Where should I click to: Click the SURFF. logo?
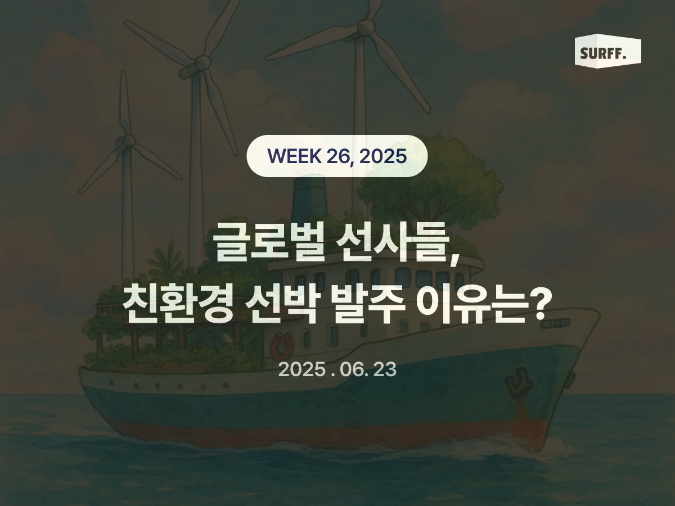(x=607, y=52)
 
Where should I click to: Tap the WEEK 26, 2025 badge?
(x=337, y=156)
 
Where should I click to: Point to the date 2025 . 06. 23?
(x=337, y=369)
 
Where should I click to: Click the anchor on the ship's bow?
(x=518, y=383)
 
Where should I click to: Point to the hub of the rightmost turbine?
(x=366, y=26)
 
